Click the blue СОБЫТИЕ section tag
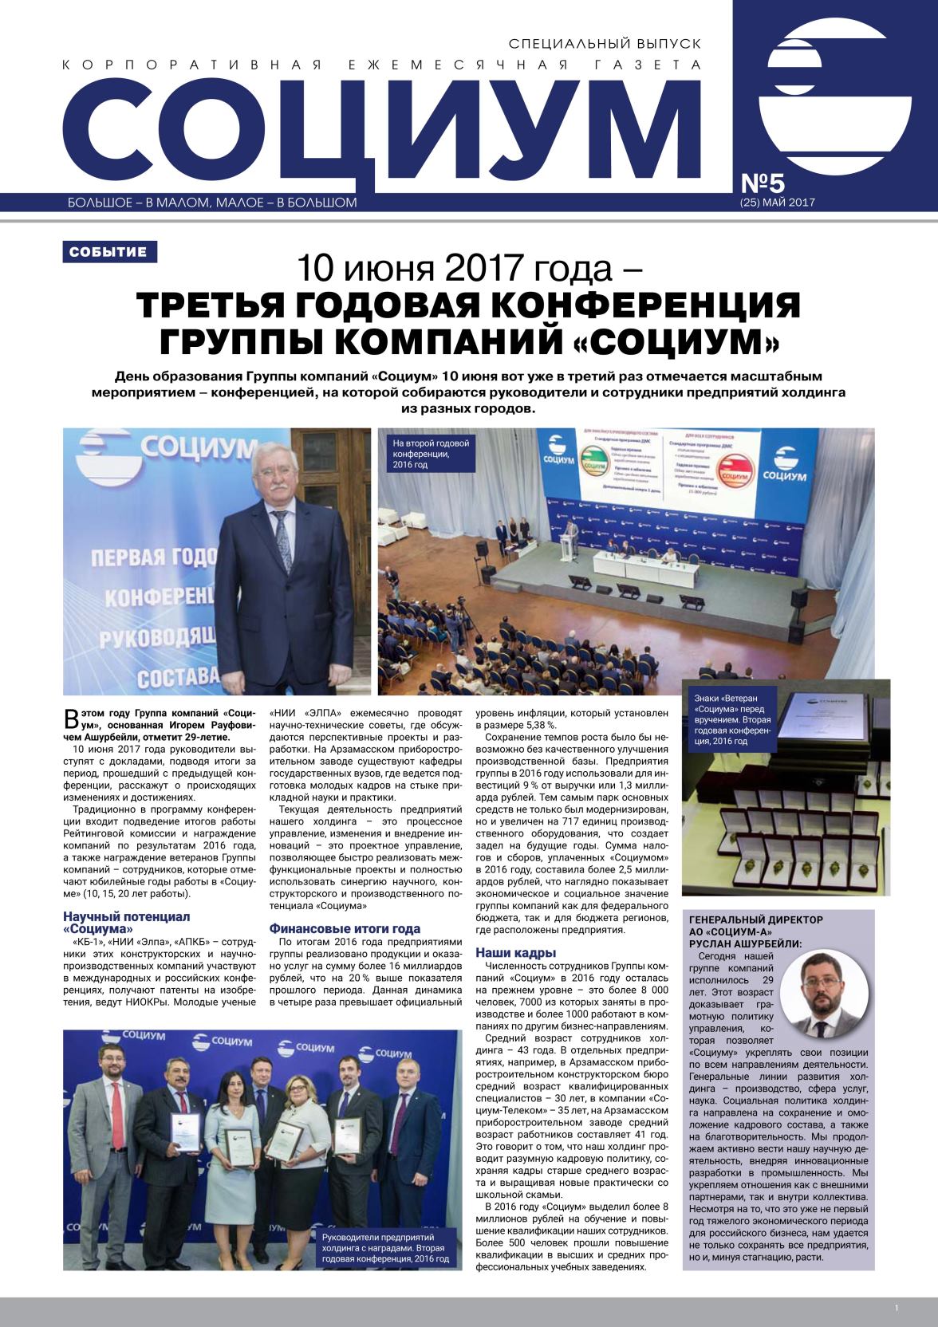coord(108,252)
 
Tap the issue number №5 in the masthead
coord(767,182)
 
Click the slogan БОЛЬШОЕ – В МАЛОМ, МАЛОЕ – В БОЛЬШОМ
coord(213,203)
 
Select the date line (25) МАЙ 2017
coord(777,203)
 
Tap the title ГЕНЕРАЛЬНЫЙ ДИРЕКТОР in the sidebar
coord(744,919)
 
